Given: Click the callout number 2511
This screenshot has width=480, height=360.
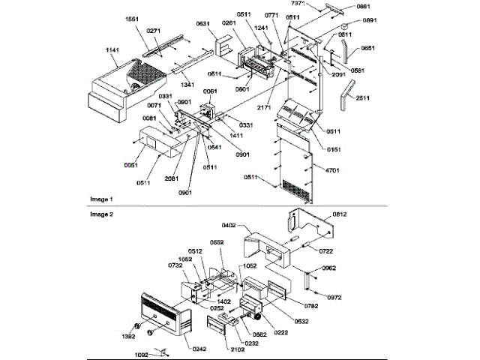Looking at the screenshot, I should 362,98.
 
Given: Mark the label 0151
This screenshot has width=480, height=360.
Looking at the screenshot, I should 323,148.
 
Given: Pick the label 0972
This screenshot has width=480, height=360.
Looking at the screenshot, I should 334,297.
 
